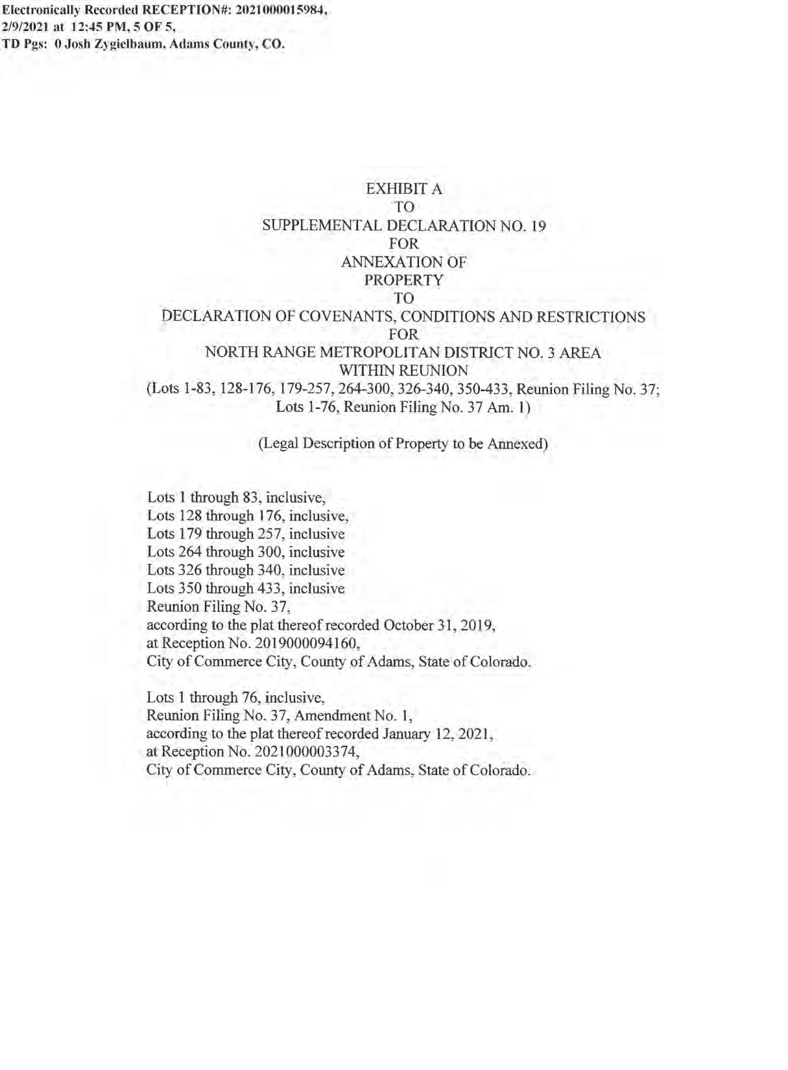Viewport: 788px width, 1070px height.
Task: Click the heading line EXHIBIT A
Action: point(403,189)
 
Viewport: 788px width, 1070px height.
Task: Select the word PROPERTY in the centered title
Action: point(403,280)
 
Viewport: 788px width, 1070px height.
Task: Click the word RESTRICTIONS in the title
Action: point(591,316)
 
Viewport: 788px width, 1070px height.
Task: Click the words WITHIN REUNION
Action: point(403,371)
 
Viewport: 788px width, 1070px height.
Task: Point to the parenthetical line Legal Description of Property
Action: point(403,444)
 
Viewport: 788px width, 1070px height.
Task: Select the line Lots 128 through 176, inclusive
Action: point(248,516)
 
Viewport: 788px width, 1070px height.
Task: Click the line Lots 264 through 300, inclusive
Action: point(246,553)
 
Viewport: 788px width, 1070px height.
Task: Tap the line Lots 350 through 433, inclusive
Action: point(246,589)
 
